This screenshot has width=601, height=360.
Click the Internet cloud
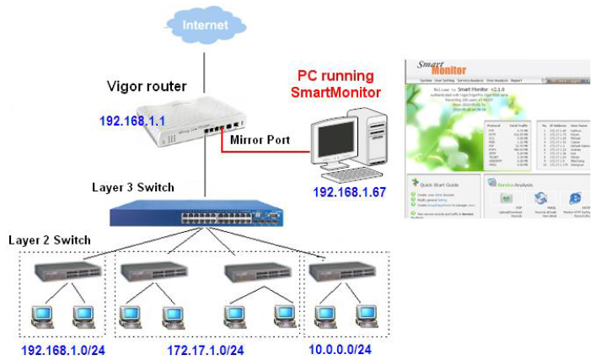pos(206,26)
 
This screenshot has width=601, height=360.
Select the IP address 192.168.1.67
pos(349,193)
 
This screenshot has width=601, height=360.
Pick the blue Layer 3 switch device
pos(202,214)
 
